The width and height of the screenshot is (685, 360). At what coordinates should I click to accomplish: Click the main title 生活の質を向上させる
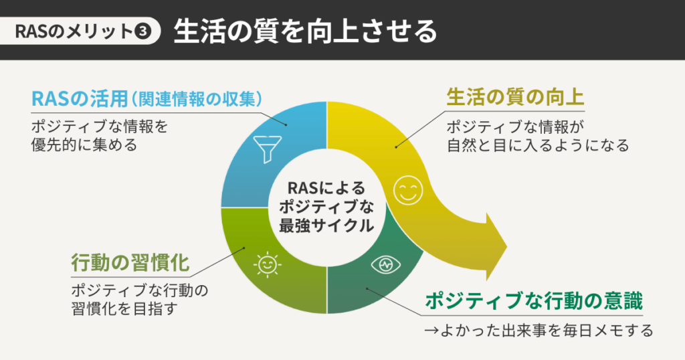click(305, 31)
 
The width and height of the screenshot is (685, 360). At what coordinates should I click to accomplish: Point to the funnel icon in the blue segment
click(267, 145)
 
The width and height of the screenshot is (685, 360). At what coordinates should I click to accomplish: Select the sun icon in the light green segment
click(267, 264)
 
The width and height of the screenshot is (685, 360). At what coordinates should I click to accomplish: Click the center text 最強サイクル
click(326, 226)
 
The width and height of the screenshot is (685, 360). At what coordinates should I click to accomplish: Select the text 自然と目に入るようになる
click(538, 145)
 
